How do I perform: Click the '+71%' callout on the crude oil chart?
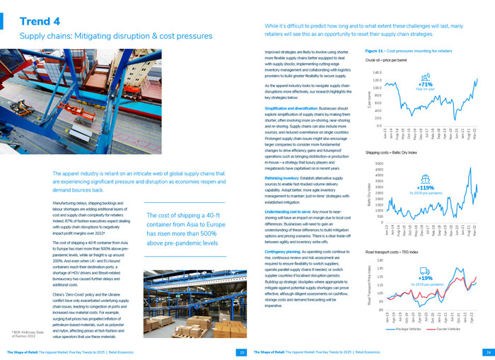[425, 84]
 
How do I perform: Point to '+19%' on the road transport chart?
[425, 279]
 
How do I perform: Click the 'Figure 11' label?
[376, 51]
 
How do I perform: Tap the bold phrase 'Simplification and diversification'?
[292, 108]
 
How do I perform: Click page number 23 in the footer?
[242, 352]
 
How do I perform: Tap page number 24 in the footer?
[487, 352]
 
